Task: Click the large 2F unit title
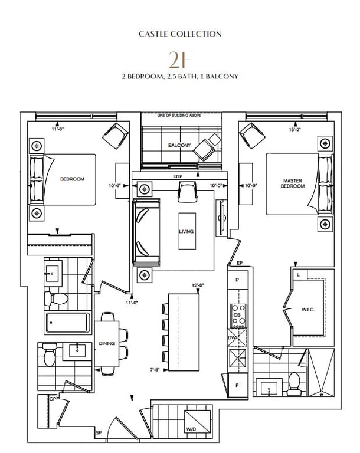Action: [180, 60]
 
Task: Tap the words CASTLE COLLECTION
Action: [180, 34]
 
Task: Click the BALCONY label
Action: [179, 145]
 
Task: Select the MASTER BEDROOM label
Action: [293, 183]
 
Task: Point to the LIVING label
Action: [186, 231]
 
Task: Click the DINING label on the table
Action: [107, 343]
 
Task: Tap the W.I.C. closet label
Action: [308, 310]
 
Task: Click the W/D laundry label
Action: [191, 429]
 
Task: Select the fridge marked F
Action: [237, 385]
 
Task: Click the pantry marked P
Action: [237, 280]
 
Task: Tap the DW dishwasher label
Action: [232, 337]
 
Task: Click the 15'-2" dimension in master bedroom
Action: [294, 130]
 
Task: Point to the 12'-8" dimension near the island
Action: [198, 285]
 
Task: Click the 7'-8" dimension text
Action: [155, 369]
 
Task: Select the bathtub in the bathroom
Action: [67, 323]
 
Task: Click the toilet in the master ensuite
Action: [294, 384]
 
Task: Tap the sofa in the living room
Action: [146, 232]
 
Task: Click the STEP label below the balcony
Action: [178, 176]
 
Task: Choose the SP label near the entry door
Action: [99, 433]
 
